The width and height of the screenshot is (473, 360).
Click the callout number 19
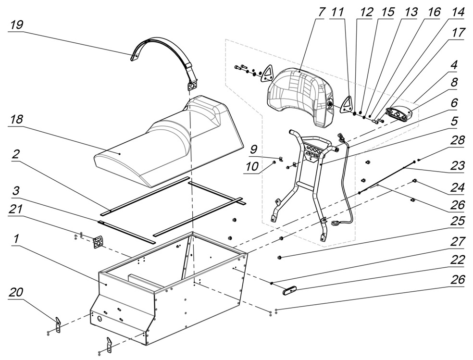pos(16,25)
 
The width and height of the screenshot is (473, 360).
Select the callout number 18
pos(16,120)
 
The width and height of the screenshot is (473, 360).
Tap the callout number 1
pos(16,239)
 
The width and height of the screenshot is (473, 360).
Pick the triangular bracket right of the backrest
pos(347,103)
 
